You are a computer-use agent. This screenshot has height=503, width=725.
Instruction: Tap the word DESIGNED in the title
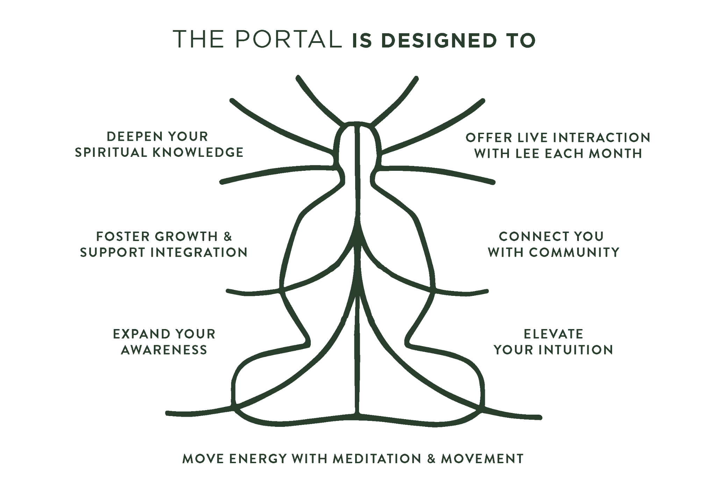[439, 41]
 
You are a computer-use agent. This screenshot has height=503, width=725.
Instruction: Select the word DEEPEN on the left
[131, 137]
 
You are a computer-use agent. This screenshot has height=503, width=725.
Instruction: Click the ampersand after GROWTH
[228, 236]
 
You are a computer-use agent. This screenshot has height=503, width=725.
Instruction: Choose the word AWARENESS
[164, 350]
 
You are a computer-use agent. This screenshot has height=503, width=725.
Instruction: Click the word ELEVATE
[553, 334]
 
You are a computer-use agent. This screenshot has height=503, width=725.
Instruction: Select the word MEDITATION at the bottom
[377, 459]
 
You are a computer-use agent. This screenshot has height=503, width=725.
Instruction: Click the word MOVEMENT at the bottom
[482, 459]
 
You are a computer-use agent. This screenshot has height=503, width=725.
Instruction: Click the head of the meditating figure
[357, 143]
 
